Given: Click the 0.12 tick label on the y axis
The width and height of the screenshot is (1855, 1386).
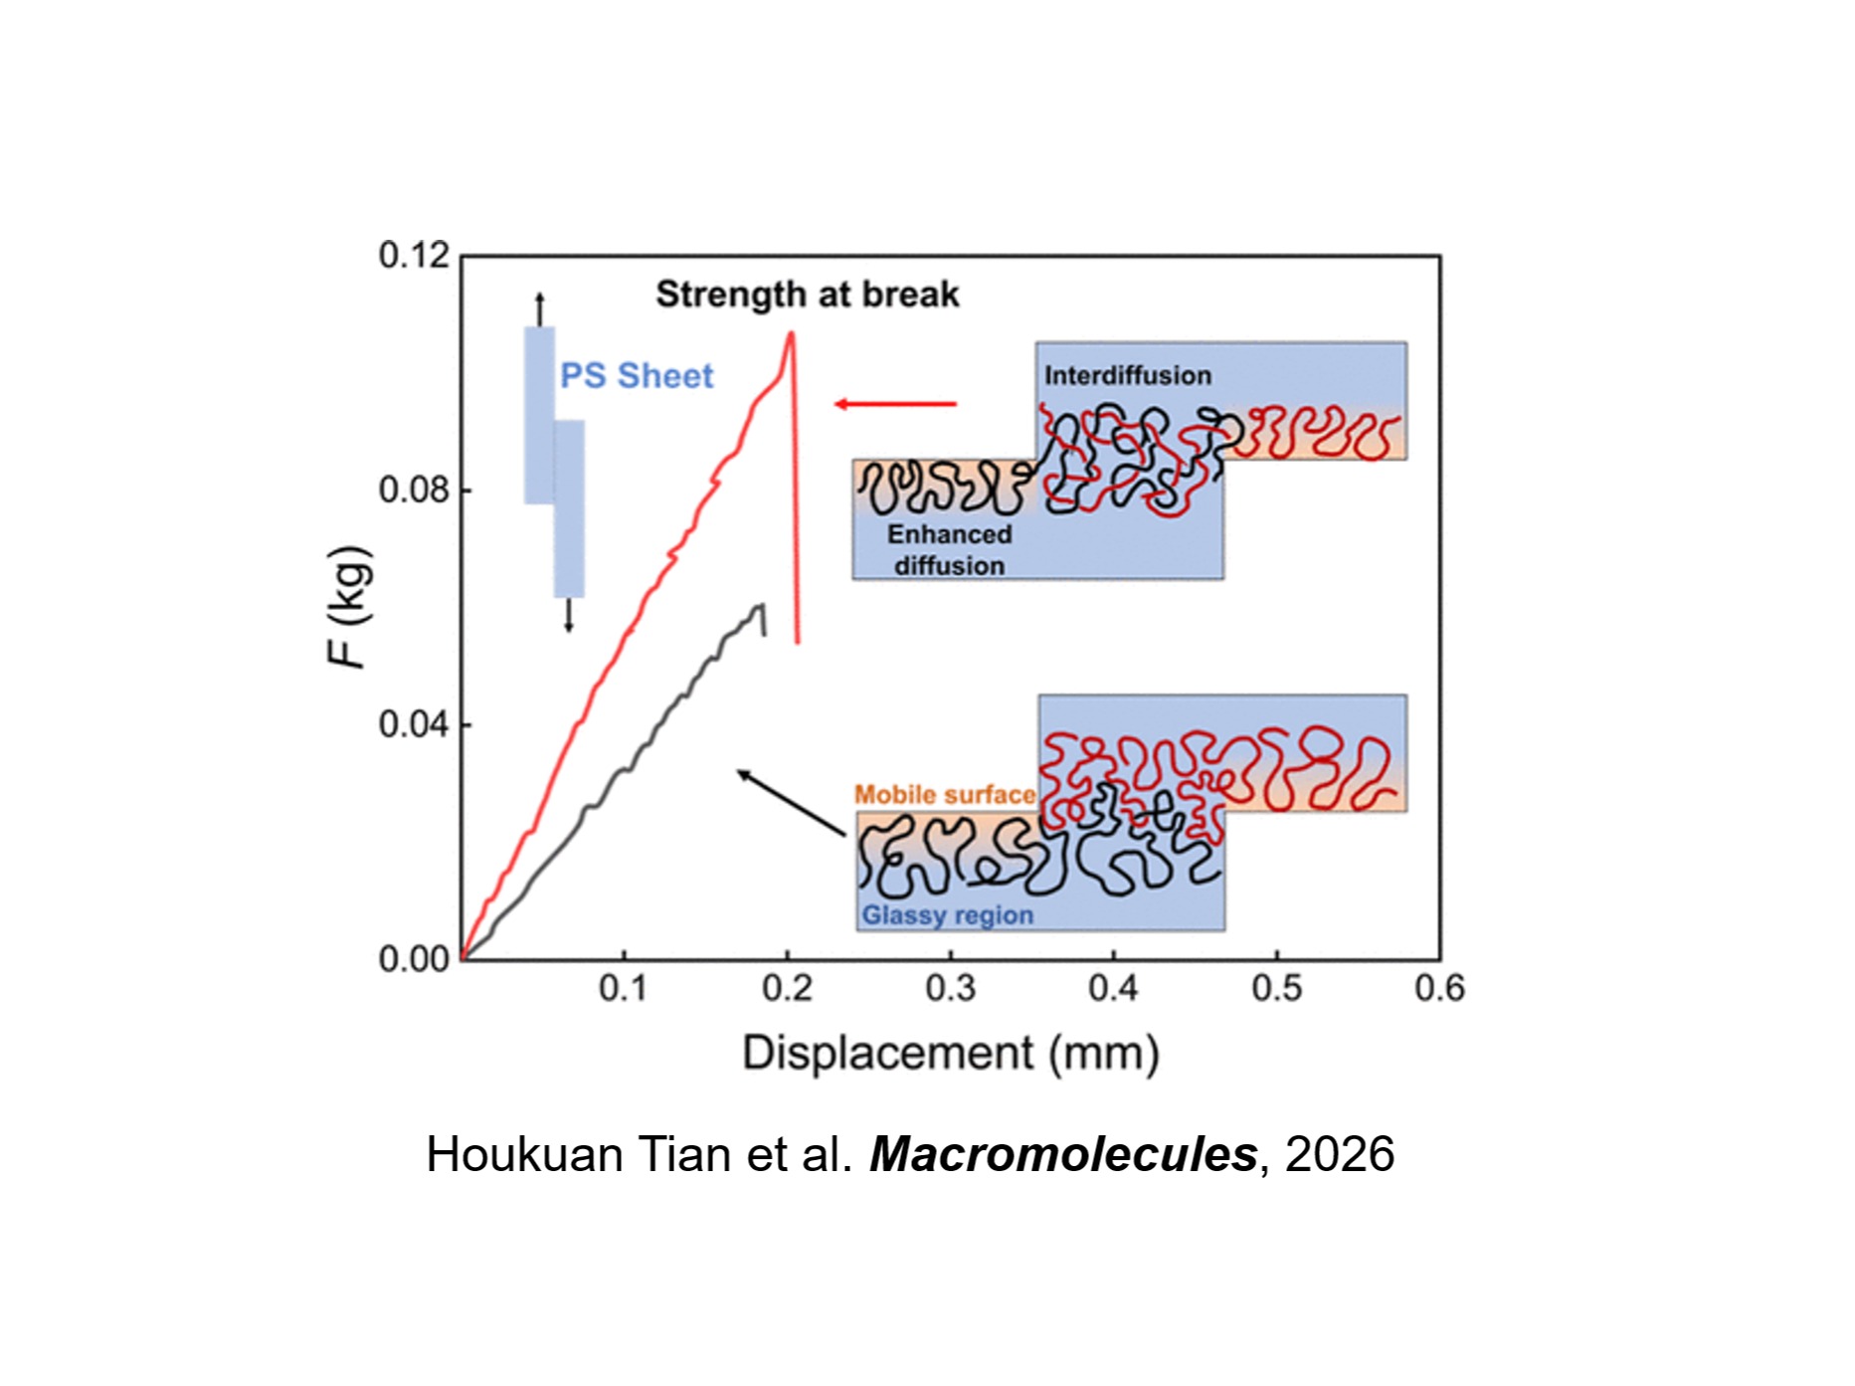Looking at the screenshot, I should click(414, 256).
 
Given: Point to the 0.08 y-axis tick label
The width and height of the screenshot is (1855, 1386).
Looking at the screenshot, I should click(414, 491).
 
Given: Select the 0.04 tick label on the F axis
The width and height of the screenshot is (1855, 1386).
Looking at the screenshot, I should click(414, 724).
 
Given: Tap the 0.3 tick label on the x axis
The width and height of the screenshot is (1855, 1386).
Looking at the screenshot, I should click(950, 988).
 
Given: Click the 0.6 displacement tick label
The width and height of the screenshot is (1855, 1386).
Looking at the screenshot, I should click(1439, 988).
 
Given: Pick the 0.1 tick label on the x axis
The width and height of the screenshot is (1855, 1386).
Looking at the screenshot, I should click(624, 988).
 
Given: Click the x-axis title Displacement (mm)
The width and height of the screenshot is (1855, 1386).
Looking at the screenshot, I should click(950, 1053).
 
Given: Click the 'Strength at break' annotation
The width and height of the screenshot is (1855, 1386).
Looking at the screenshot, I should click(807, 295).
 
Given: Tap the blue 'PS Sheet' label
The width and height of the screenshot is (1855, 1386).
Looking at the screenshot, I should click(637, 376).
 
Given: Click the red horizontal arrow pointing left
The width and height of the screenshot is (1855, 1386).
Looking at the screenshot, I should click(895, 404).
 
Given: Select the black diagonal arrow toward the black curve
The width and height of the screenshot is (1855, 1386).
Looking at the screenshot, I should click(791, 802).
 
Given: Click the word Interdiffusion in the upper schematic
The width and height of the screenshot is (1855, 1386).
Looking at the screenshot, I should click(1127, 376).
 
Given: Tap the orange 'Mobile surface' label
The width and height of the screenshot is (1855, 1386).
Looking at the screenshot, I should click(945, 795).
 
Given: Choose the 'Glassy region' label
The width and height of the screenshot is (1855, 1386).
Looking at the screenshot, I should click(947, 915).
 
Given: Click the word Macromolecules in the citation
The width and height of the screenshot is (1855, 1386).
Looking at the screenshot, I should click(1063, 1155).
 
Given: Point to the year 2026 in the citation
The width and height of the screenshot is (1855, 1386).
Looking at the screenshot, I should click(1340, 1155).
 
